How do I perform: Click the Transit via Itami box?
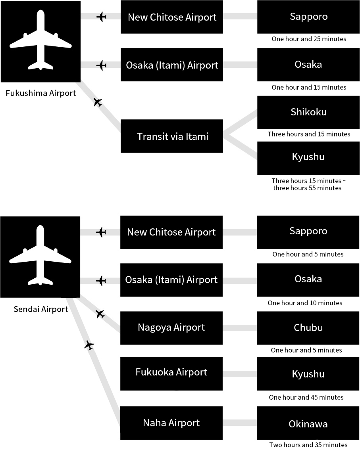point(171,136)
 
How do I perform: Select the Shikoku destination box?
point(308,112)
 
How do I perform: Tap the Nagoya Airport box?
point(171,328)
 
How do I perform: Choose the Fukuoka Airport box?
point(171,373)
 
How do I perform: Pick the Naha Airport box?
point(171,423)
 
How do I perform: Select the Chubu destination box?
point(308,328)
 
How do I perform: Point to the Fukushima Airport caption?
point(41,93)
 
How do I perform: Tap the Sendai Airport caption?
point(41,309)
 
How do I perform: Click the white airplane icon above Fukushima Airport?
point(40,40)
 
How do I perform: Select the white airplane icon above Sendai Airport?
point(40,255)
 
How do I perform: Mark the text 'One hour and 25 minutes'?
point(309,39)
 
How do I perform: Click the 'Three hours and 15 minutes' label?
point(309,134)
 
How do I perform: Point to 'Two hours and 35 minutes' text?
point(308,444)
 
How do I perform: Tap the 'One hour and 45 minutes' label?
point(306,397)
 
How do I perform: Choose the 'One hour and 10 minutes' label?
point(305,303)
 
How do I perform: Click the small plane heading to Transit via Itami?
point(98,102)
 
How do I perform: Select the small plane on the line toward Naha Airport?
point(89,345)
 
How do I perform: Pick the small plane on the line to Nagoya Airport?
point(100,314)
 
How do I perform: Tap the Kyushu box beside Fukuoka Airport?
point(308,373)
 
